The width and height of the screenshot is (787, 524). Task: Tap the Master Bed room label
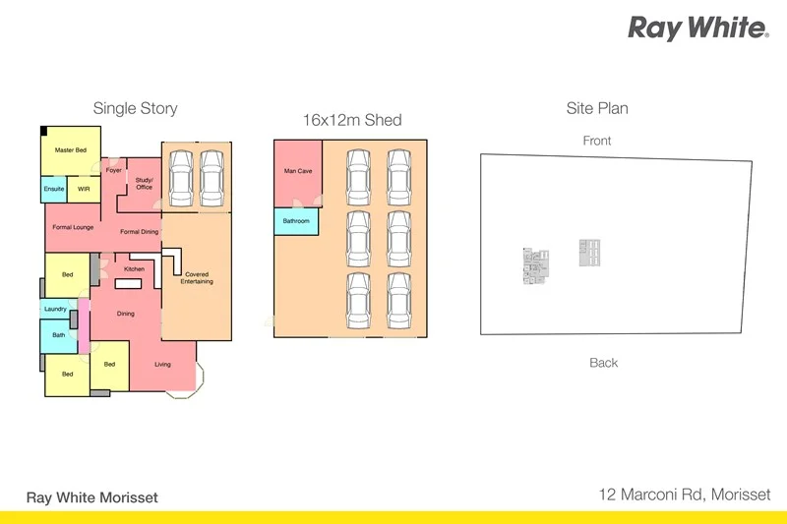[x=71, y=149]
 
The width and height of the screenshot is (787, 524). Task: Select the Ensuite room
[x=53, y=188]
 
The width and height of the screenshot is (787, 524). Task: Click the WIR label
[x=84, y=188]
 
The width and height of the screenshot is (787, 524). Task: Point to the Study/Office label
[x=145, y=183]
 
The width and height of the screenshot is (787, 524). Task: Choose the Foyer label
[x=114, y=170]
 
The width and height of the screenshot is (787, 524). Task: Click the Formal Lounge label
[x=71, y=227]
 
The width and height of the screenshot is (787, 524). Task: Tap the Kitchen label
[x=134, y=268]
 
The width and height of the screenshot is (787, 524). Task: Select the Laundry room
[x=55, y=309]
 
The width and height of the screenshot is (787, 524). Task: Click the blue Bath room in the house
[x=58, y=336]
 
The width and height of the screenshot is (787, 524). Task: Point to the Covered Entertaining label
[x=197, y=278]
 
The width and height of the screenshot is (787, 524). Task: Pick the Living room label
[x=162, y=365]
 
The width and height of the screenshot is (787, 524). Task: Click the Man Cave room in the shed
[x=298, y=171]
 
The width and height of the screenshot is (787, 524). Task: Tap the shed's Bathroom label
[x=296, y=221]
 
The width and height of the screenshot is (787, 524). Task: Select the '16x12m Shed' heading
[x=351, y=120]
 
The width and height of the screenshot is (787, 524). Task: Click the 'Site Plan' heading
[x=597, y=108]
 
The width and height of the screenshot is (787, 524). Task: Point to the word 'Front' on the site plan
[x=597, y=141]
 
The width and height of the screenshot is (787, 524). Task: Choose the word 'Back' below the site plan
[x=604, y=363]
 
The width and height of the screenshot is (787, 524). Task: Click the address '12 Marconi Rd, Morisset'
[x=686, y=495]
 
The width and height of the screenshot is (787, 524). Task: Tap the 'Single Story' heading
[x=135, y=108]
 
